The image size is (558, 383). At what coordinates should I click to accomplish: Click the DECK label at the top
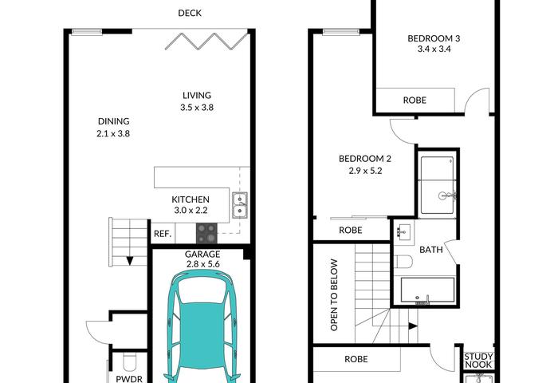pyautogui.click(x=190, y=14)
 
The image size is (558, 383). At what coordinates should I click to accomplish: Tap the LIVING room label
pyautogui.click(x=197, y=96)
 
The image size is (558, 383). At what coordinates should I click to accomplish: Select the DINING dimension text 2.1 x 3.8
pyautogui.click(x=113, y=133)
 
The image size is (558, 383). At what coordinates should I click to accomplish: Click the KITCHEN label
pyautogui.click(x=191, y=199)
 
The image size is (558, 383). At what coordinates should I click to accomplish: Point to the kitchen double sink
pyautogui.click(x=240, y=205)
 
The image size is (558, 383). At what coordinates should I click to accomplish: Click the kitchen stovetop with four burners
pyautogui.click(x=206, y=233)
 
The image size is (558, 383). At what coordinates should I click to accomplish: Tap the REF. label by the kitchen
pyautogui.click(x=163, y=234)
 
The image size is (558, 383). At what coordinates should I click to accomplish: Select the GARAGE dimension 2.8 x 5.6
pyautogui.click(x=202, y=264)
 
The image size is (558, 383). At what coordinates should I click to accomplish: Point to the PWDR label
pyautogui.click(x=129, y=379)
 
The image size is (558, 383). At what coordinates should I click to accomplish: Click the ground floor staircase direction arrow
pyautogui.click(x=129, y=261)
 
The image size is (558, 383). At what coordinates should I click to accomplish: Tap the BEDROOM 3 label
pyautogui.click(x=434, y=38)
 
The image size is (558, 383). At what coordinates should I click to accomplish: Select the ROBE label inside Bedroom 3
pyautogui.click(x=415, y=101)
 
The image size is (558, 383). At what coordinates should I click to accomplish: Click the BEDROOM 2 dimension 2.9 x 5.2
pyautogui.click(x=365, y=171)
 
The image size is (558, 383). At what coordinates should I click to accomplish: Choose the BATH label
pyautogui.click(x=431, y=250)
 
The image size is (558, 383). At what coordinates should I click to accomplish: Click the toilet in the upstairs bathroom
pyautogui.click(x=403, y=262)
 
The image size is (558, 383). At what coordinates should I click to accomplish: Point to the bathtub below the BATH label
pyautogui.click(x=427, y=290)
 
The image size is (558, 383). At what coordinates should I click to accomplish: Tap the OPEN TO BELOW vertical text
pyautogui.click(x=334, y=295)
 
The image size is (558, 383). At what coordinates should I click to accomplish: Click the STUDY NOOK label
pyautogui.click(x=478, y=361)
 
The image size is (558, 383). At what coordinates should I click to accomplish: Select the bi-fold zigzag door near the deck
pyautogui.click(x=206, y=41)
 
